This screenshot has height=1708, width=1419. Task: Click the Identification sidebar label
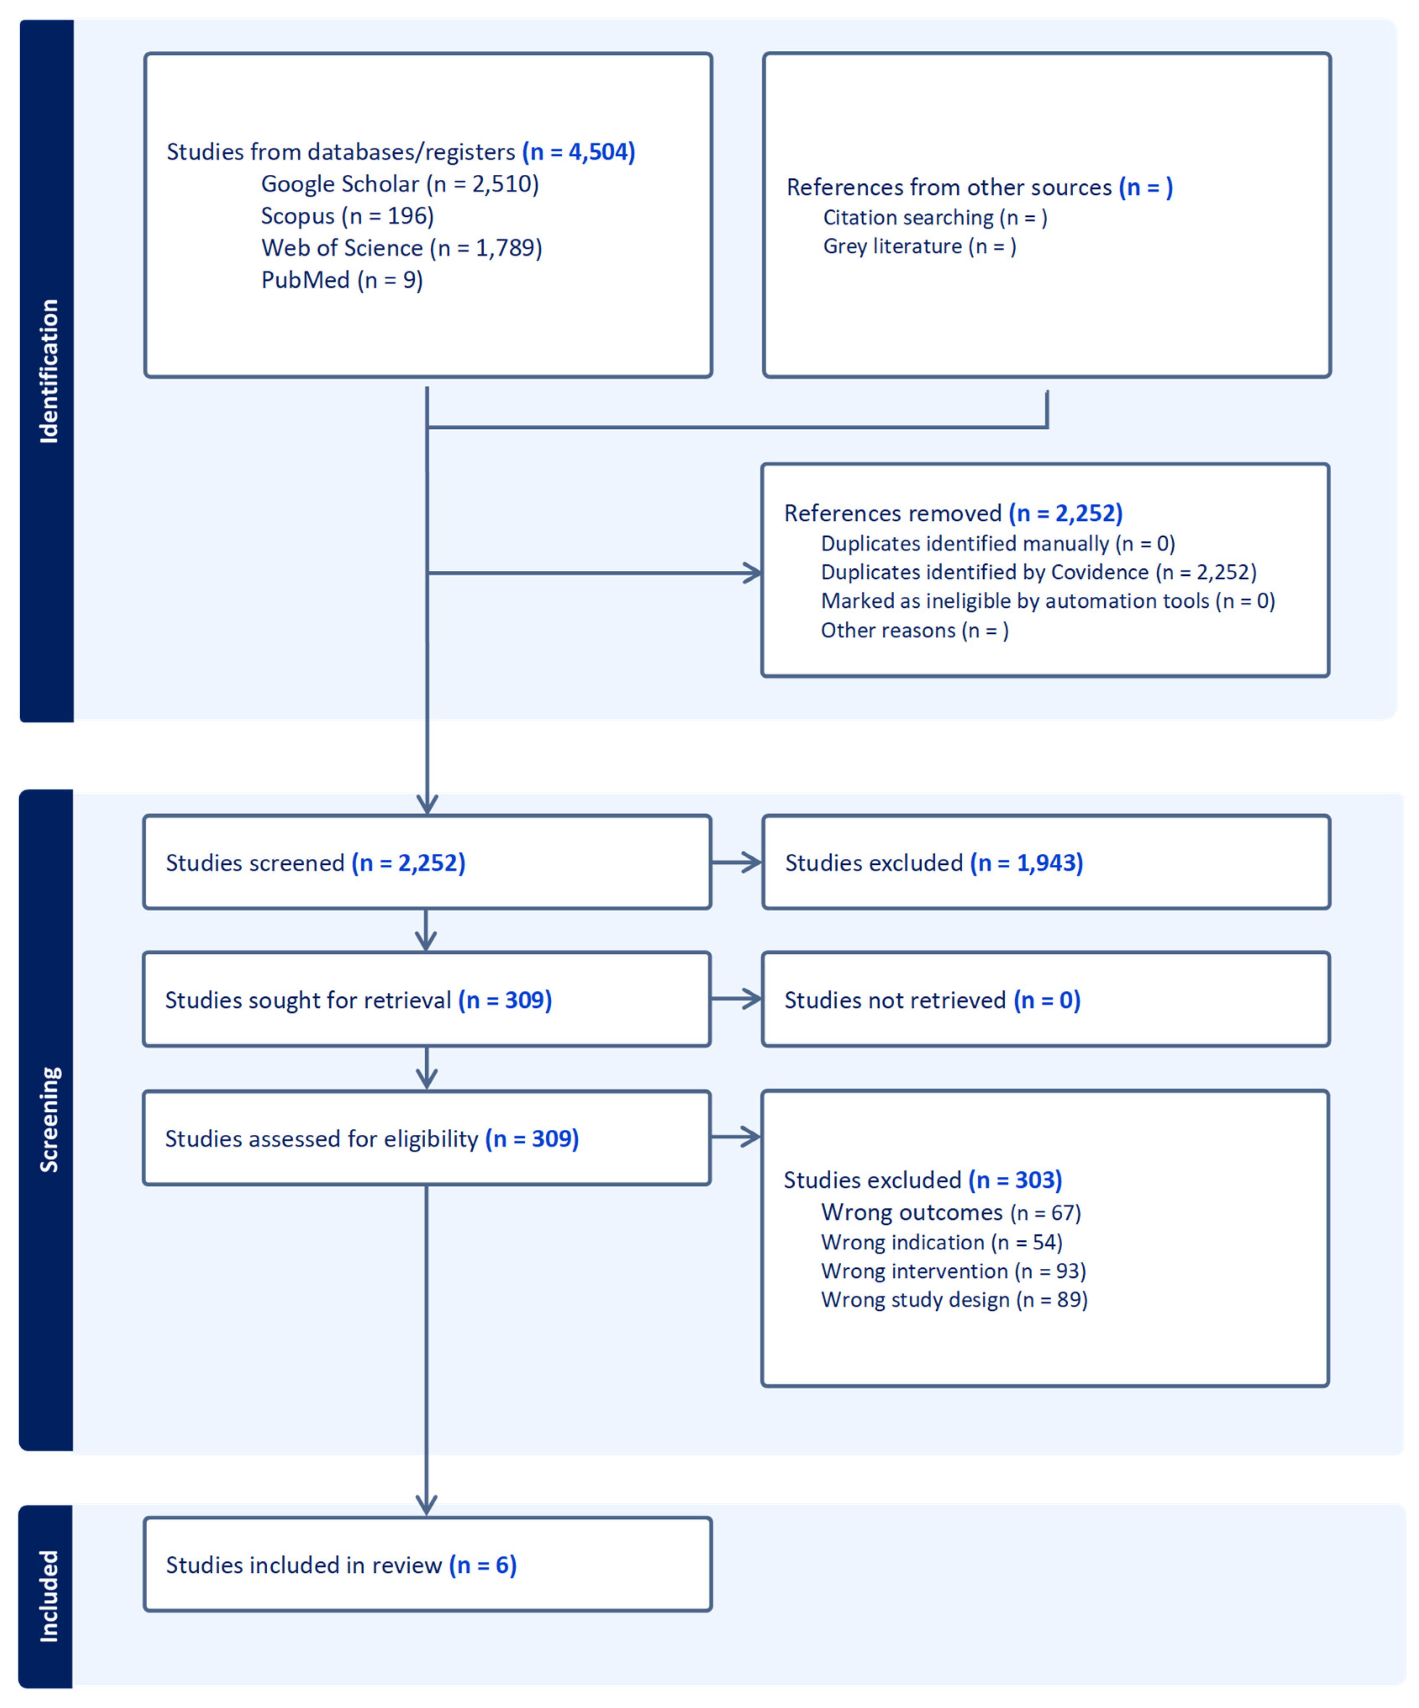click(49, 371)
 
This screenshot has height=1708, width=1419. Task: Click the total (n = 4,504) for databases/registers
click(579, 152)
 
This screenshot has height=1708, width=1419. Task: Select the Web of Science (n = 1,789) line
click(401, 248)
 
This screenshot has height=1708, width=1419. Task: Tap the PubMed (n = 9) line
click(342, 280)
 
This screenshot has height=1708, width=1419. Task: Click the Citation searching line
click(935, 218)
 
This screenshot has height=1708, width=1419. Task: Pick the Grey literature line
click(919, 247)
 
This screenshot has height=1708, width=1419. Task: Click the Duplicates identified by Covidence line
click(1038, 572)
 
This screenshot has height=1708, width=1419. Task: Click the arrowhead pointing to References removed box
click(753, 573)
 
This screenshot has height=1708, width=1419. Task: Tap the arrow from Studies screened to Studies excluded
click(736, 863)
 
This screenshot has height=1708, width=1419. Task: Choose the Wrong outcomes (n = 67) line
click(950, 1213)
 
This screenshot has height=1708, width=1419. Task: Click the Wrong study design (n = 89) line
click(953, 1300)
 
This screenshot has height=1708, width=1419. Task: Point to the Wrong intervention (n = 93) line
click(953, 1271)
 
